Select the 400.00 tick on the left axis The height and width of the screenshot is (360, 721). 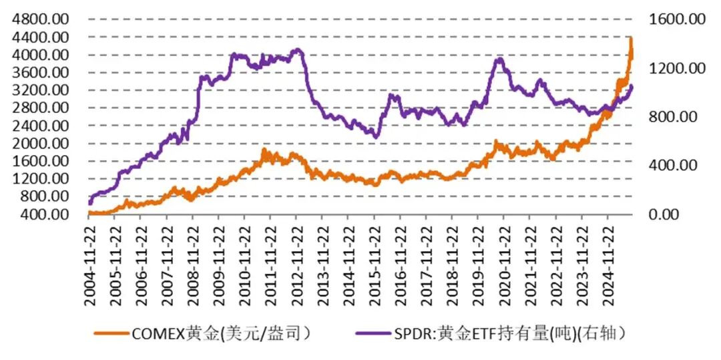(46, 214)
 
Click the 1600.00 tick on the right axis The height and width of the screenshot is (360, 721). (677, 19)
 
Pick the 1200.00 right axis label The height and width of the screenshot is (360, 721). (677, 68)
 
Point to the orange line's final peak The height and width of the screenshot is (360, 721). (631, 39)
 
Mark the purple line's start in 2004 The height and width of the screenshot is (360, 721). (90, 202)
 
